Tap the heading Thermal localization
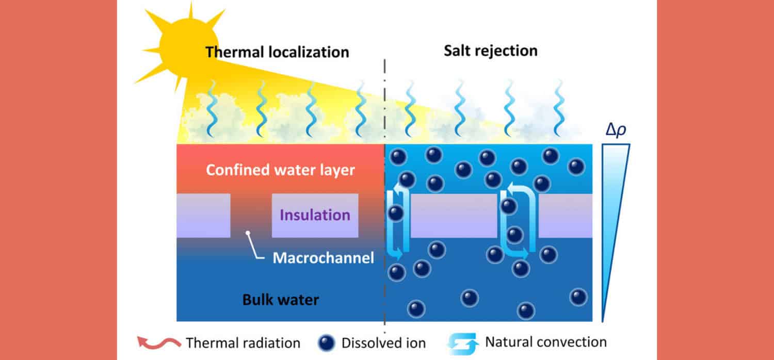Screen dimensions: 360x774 tap(277, 52)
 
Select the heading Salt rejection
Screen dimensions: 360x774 tap(491, 51)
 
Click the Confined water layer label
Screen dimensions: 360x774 tap(281, 170)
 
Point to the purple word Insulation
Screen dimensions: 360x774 tap(315, 215)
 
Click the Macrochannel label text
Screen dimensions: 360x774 tap(323, 257)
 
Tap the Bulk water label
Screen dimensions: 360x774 tap(281, 299)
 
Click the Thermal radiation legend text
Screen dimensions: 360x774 tap(243, 342)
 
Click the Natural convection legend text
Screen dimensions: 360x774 tap(546, 342)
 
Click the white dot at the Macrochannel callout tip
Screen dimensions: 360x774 tap(248, 234)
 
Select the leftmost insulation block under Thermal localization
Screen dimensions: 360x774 tap(203, 216)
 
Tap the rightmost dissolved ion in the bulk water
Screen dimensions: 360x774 tap(578, 297)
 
